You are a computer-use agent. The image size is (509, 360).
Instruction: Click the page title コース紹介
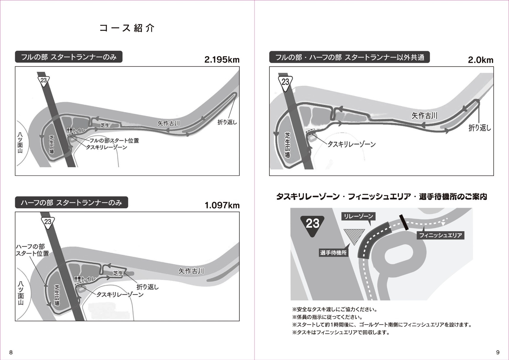[x=127, y=28]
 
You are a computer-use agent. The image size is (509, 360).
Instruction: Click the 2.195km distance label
[x=222, y=60]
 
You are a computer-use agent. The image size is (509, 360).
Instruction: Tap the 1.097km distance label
[x=222, y=205]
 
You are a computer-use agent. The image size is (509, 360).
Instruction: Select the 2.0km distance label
[x=481, y=60]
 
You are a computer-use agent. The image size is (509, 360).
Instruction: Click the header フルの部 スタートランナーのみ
[x=69, y=57]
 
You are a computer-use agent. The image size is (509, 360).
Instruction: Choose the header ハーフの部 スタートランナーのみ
[x=71, y=203]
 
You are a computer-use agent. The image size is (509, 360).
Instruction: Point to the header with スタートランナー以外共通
[x=349, y=57]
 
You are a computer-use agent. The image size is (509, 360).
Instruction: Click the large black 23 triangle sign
[x=312, y=225]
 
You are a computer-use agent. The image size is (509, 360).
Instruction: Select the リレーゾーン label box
[x=358, y=216]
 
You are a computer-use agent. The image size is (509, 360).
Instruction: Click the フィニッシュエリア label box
[x=440, y=235]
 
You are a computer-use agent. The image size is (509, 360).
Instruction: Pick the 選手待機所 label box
[x=333, y=253]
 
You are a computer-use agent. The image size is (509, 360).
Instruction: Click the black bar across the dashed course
[x=404, y=222]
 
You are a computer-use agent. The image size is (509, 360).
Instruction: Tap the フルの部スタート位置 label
[x=114, y=141]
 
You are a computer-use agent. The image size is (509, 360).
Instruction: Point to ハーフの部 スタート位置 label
[x=32, y=250]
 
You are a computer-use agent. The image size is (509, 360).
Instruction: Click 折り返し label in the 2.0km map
[x=480, y=128]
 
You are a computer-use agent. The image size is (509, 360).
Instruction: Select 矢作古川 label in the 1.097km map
[x=191, y=271]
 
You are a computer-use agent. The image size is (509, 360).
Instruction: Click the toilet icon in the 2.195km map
[x=70, y=130]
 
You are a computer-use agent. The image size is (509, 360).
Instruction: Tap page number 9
[x=498, y=352]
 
